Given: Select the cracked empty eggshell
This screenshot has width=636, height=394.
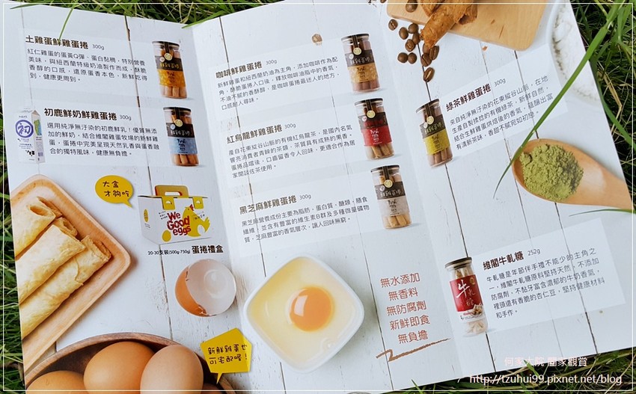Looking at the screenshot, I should (205, 287).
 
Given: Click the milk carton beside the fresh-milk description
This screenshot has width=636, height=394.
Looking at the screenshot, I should (30, 135).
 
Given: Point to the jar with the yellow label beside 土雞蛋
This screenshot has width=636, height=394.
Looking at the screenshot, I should (171, 70).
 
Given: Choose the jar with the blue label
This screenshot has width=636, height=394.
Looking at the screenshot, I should (181, 136).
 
